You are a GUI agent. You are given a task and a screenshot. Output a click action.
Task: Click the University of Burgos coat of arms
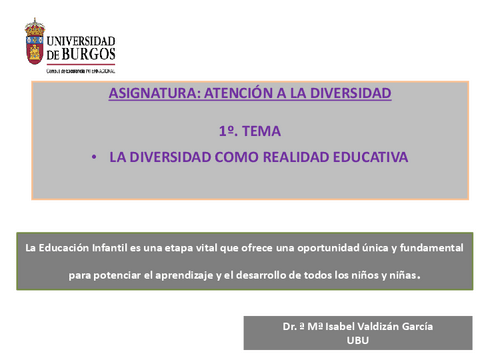click(x=35, y=43)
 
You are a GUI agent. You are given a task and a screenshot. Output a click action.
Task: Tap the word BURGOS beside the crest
click(x=89, y=54)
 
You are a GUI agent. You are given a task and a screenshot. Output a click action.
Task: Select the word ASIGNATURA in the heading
click(x=152, y=93)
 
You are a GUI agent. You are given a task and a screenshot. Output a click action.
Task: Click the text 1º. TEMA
click(x=249, y=130)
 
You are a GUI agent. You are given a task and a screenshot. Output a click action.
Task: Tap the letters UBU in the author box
click(x=357, y=340)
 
